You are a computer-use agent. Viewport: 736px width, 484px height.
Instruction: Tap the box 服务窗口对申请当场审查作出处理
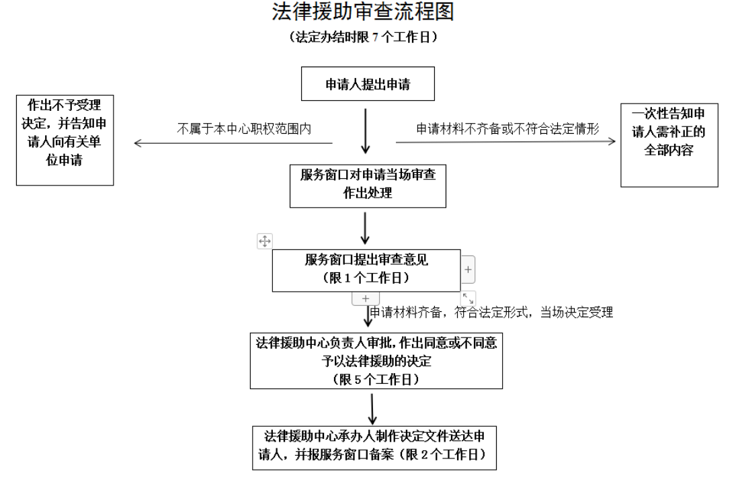pos(368,185)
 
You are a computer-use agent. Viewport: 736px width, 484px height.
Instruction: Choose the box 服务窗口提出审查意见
pos(366,270)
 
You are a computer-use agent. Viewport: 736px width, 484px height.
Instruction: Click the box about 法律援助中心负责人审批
pos(376,360)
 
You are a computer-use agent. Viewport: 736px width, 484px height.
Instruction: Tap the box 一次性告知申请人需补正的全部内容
pos(669,145)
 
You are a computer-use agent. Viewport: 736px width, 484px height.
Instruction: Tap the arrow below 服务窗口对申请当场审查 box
pos(366,228)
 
